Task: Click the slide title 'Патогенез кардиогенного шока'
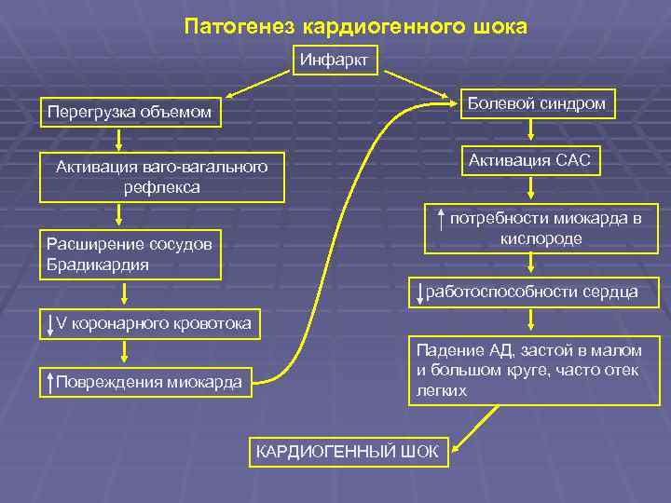click(x=355, y=26)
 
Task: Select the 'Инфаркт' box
click(x=334, y=61)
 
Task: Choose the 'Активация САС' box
click(x=529, y=160)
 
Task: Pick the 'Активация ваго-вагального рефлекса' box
click(x=161, y=176)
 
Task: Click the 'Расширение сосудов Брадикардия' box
click(x=130, y=254)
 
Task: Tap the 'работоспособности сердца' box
click(x=535, y=292)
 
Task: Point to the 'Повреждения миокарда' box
click(x=146, y=381)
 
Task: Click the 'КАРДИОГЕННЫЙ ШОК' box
click(x=347, y=452)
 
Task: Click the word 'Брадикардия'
click(x=97, y=265)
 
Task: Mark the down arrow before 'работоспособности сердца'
click(x=421, y=292)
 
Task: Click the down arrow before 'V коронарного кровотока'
click(x=50, y=324)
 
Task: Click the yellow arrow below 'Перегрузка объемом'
click(x=119, y=139)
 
